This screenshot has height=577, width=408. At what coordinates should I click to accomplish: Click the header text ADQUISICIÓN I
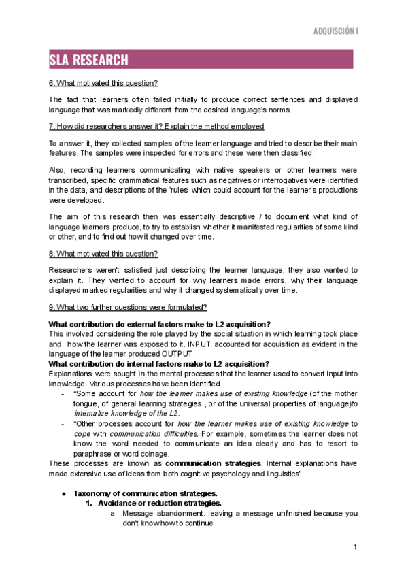click(x=335, y=31)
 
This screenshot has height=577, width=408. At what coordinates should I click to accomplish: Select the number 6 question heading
click(x=103, y=83)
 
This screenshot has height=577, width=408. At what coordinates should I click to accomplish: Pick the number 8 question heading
click(x=103, y=254)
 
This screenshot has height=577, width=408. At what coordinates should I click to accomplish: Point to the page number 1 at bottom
click(x=355, y=548)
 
